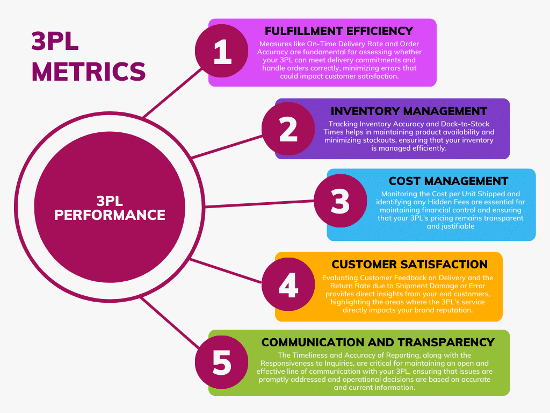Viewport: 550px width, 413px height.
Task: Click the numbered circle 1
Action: [222, 53]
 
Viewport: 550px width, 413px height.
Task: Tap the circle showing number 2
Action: [288, 129]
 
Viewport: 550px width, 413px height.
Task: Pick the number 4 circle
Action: [288, 286]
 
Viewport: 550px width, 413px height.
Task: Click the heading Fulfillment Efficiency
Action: [338, 31]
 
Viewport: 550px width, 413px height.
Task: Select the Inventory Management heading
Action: [409, 111]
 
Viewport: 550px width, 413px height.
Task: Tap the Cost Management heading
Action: [448, 181]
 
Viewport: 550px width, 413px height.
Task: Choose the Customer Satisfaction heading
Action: [409, 265]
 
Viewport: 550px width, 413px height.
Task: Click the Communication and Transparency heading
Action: [378, 343]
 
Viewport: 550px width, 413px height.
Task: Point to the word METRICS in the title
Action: [89, 72]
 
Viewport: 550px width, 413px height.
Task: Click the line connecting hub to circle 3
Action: [258, 204]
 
